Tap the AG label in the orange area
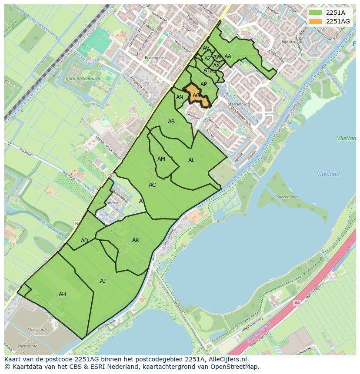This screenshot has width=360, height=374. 196,96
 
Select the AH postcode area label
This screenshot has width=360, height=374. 62,295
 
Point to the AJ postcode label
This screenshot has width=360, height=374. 103,281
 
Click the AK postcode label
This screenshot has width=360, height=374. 136,240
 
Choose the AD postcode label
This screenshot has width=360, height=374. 84,241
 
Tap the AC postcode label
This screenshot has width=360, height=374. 152,185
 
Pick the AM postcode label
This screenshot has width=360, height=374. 161,159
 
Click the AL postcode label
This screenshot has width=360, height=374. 191,160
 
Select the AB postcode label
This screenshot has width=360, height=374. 171,122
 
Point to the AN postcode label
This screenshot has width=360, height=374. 180,97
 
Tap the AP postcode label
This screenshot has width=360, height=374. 203,84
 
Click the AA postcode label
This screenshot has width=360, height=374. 228,56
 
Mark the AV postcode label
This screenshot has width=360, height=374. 206,48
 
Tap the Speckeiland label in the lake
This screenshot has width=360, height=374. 287,197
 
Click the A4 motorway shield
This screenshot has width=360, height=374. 297,303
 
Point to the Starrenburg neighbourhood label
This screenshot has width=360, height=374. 238,105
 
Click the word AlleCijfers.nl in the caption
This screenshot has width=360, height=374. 228,359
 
